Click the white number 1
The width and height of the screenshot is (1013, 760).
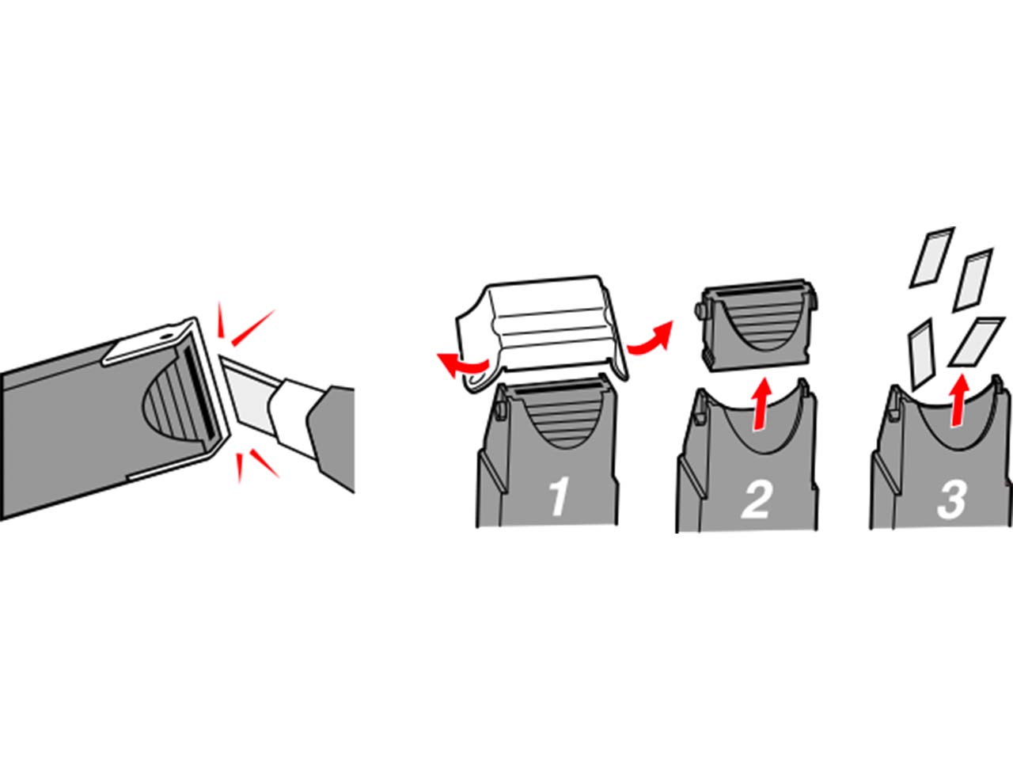560,496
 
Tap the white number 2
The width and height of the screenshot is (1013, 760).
756,499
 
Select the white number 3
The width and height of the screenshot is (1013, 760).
951,499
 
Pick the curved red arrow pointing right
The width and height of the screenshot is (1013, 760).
651,338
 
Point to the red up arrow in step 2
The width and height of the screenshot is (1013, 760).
761,404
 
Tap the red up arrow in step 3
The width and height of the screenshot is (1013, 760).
959,400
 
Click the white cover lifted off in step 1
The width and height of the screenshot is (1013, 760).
542,332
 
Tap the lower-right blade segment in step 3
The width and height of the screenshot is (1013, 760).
976,341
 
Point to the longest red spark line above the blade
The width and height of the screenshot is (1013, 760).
253,328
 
